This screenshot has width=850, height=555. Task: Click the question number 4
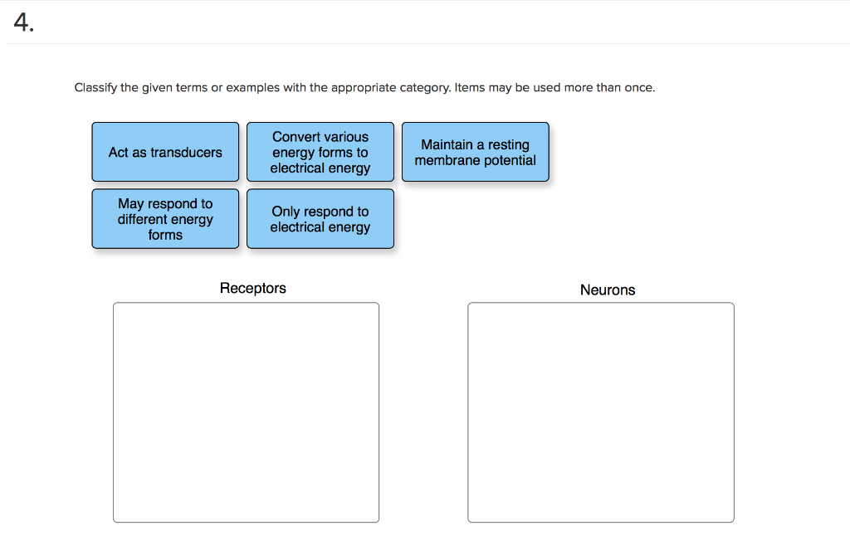23,24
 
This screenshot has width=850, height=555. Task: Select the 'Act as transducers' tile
165,152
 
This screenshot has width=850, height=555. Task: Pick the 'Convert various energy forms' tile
320,152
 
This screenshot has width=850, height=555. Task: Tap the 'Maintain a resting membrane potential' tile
475,152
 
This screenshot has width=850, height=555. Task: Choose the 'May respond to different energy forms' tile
165,219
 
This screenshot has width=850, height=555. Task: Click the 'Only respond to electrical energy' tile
320,219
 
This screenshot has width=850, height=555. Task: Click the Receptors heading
252,288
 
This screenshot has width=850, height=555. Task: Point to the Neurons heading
607,290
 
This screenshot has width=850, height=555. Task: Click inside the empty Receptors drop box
246,411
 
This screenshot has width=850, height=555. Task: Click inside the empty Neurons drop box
600,411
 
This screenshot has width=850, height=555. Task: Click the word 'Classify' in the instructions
95,87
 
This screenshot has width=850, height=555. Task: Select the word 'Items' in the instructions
470,87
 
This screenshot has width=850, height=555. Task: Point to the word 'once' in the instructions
639,87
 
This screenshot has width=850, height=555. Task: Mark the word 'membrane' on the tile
447,160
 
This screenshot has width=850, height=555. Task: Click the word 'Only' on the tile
286,212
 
